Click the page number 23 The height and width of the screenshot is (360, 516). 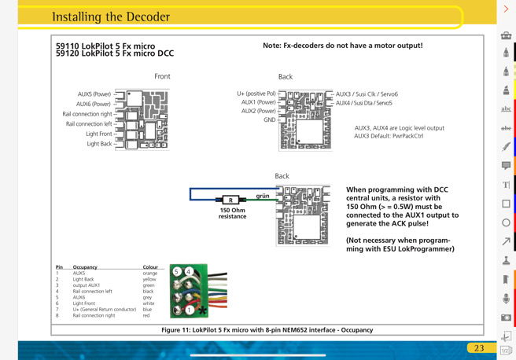tap(479, 348)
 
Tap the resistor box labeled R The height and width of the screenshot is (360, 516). tap(230, 200)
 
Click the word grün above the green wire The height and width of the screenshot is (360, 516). tap(263, 196)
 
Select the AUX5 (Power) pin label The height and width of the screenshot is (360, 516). tap(94, 94)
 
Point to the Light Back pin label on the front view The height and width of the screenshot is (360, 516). tap(99, 144)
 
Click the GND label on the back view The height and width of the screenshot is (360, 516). tap(270, 119)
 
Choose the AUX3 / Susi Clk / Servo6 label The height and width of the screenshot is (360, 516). tap(367, 94)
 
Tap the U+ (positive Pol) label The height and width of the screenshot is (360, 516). tap(256, 94)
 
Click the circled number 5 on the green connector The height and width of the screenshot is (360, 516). tap(177, 271)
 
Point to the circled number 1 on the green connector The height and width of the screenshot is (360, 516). tap(190, 310)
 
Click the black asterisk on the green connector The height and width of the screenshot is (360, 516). tap(202, 310)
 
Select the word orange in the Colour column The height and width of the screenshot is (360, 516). tap(150, 274)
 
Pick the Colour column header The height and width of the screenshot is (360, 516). tap(150, 267)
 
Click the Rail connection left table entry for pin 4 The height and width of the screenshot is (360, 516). tap(93, 292)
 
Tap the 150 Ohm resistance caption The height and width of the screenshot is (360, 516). tap(233, 213)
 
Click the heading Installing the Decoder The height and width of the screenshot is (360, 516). tap(111, 17)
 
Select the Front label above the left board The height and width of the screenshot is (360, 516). tap(162, 76)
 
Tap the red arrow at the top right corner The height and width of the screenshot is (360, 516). tap(506, 9)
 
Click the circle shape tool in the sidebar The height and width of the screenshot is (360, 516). tap(506, 222)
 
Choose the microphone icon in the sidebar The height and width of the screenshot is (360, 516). tap(506, 299)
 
